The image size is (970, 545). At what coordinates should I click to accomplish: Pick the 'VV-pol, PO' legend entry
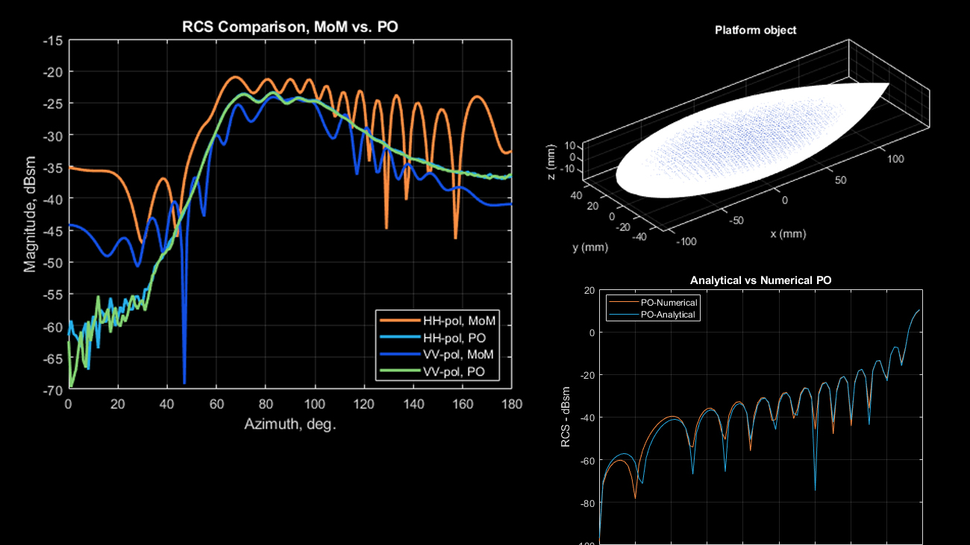point(457,371)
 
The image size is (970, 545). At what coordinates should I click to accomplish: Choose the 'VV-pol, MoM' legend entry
point(458,354)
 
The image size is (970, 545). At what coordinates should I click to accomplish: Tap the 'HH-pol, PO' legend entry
point(457,338)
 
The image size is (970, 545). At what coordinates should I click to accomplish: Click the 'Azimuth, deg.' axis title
point(290,425)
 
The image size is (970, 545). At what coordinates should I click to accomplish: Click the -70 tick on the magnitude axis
point(52,390)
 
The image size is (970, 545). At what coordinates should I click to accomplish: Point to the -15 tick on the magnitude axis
point(52,40)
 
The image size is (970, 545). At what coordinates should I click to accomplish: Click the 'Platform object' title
point(755,31)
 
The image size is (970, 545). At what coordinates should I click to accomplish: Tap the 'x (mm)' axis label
point(789,233)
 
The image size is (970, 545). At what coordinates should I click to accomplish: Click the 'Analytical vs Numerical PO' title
point(760,280)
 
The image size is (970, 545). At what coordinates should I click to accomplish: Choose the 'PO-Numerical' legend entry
point(669,303)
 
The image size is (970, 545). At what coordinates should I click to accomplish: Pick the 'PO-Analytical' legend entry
point(669,315)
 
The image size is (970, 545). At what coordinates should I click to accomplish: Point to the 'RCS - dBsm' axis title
point(566,418)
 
